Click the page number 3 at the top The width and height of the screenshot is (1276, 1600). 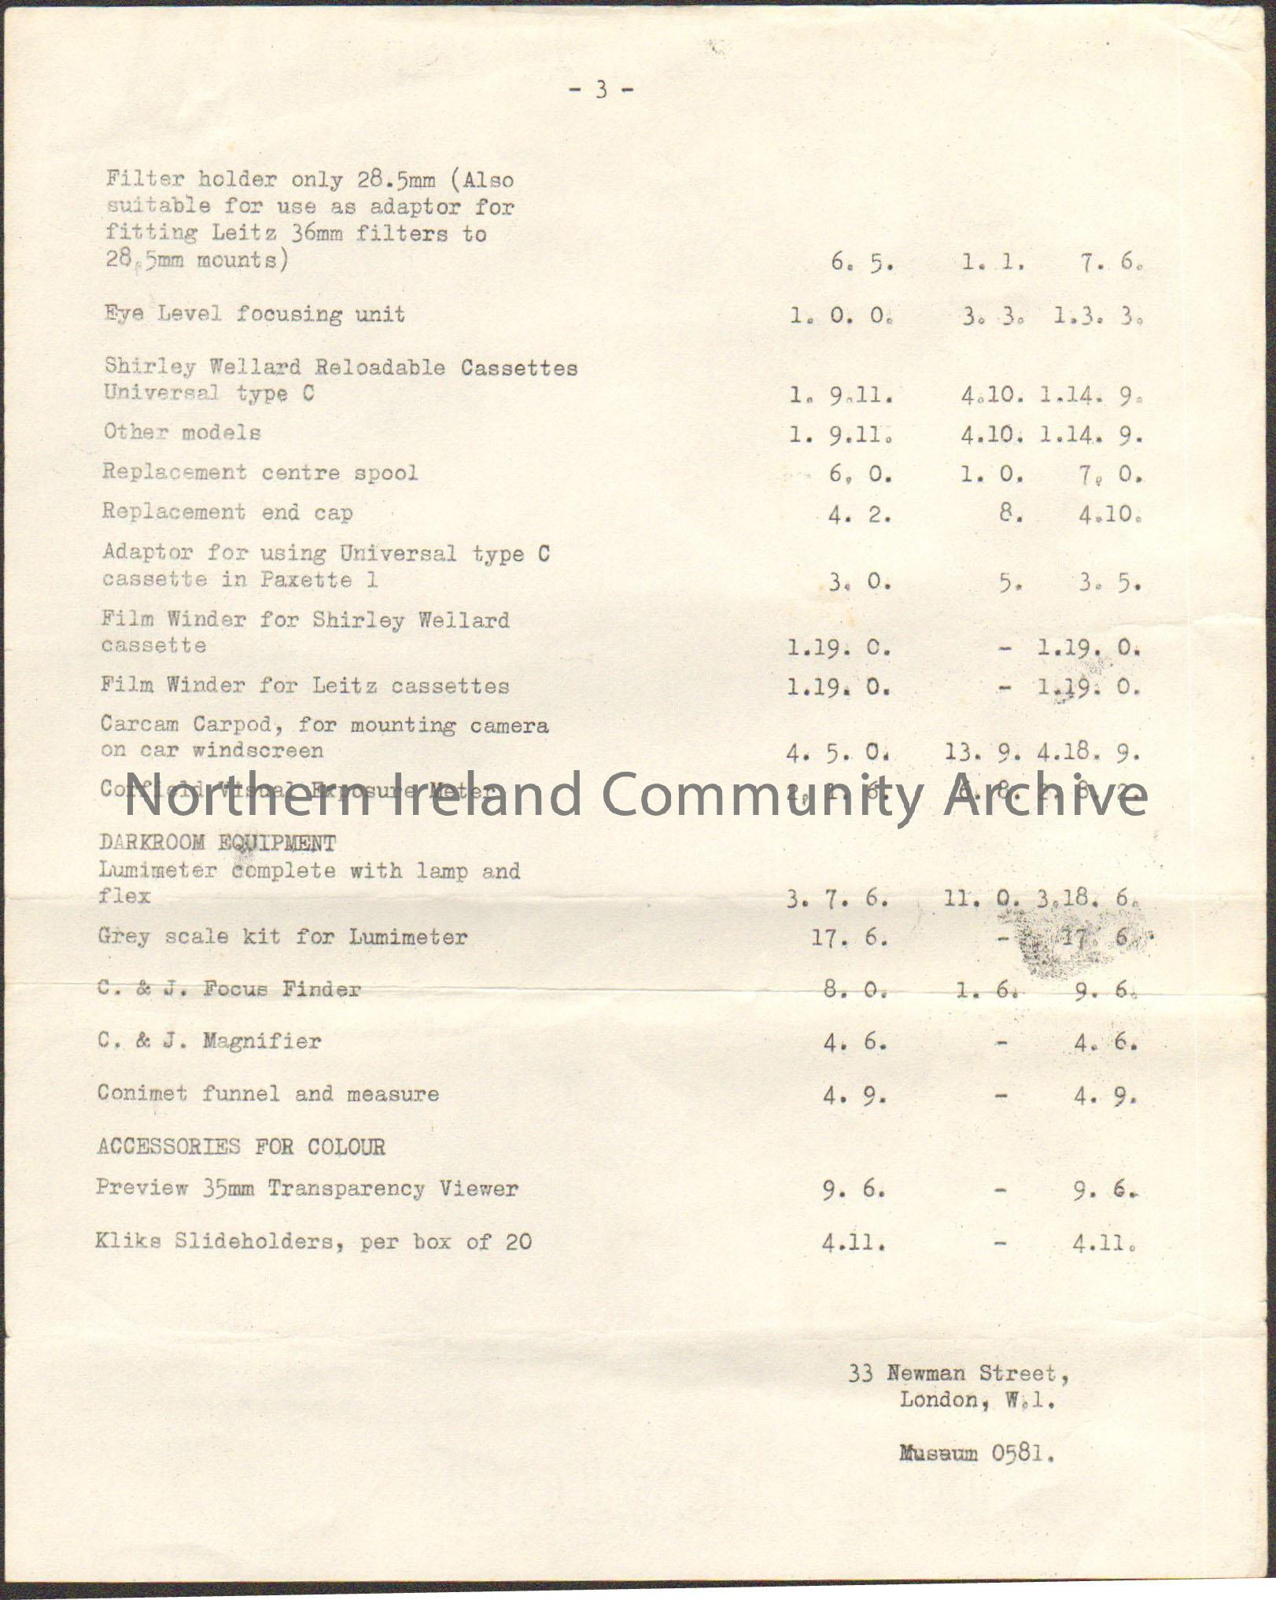(601, 90)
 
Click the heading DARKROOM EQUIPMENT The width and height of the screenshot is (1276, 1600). (217, 843)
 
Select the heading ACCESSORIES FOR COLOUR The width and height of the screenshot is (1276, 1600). (241, 1146)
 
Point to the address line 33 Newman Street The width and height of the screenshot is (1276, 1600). (957, 1374)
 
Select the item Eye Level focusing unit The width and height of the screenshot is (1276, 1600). (255, 314)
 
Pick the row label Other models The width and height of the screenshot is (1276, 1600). (182, 432)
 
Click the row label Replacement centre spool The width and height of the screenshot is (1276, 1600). (260, 472)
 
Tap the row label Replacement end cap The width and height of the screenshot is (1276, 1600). (227, 512)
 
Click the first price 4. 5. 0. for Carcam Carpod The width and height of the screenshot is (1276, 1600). (837, 754)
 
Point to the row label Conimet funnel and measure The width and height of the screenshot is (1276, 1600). (267, 1093)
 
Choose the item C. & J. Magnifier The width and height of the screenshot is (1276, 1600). (209, 1041)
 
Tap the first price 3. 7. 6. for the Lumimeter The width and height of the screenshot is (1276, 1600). (837, 898)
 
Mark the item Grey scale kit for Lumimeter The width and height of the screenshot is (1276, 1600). (282, 936)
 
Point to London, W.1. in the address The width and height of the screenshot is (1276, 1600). (976, 1400)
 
